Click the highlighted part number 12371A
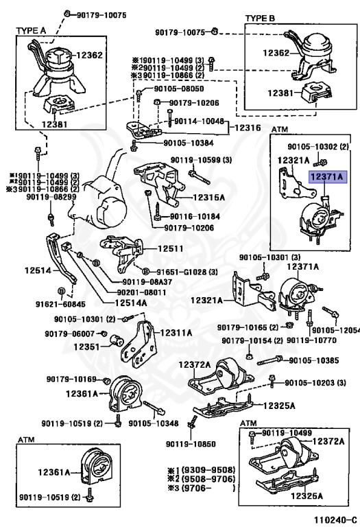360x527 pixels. (327, 176)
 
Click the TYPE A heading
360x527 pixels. (31, 31)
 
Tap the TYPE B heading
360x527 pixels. (260, 18)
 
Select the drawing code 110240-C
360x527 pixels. (331, 519)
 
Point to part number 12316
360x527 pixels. (248, 128)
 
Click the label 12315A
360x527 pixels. (209, 198)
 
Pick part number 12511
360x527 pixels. (171, 248)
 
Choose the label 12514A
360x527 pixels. (131, 303)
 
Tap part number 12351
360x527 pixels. (86, 347)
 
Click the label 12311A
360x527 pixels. (176, 333)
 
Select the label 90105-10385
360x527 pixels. (314, 360)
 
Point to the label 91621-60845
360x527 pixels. (61, 304)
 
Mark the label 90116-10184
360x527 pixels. (195, 216)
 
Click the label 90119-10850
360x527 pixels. (191, 444)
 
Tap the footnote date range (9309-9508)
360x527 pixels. (208, 469)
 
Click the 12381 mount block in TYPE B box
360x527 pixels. (316, 93)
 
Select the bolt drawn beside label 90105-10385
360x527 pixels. (269, 361)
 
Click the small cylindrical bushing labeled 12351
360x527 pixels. (117, 340)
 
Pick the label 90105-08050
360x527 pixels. (179, 89)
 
